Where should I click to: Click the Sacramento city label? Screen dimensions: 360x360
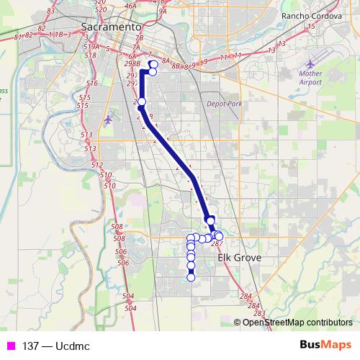[111, 27]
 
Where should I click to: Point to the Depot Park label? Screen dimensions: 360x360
[224, 104]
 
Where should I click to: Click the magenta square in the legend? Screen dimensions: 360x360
[11, 346]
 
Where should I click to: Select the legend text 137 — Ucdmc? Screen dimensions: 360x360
[56, 346]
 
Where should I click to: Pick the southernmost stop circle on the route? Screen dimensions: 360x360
[191, 277]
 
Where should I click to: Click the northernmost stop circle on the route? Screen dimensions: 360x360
[153, 65]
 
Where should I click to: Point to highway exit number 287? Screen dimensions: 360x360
[217, 244]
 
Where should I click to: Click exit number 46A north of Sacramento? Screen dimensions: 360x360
[130, 6]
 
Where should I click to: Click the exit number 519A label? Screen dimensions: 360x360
[91, 46]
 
